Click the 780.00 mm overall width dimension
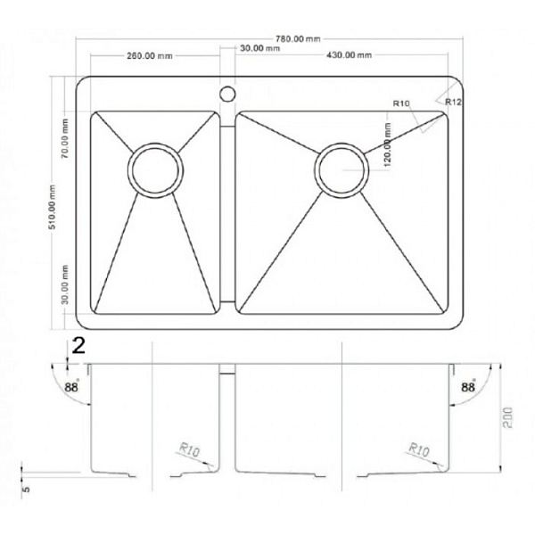pos(298,38)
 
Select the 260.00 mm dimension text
pos(150,55)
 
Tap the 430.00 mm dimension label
pos(349,54)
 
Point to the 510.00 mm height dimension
pos(53,207)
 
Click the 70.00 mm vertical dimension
pos(65,138)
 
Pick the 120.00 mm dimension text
pos(388,144)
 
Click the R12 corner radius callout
pos(453,102)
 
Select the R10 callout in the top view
pos(401,103)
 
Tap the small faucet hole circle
pos(227,94)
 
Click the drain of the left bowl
pos(155,170)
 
